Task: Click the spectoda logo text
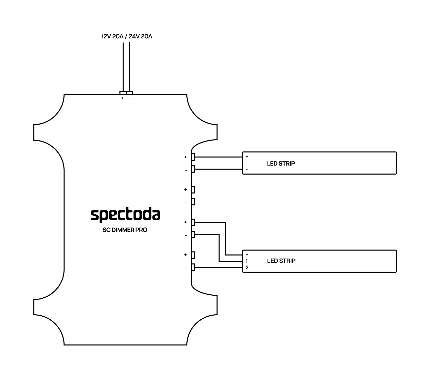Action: click(x=125, y=215)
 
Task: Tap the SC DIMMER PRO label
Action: click(x=125, y=230)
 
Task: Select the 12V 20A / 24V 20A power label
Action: click(x=127, y=36)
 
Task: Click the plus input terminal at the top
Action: click(x=123, y=93)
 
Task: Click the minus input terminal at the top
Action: click(x=130, y=93)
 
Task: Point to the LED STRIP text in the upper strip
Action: click(x=281, y=163)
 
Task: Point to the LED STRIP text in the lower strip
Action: click(x=281, y=261)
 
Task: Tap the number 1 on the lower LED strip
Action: click(x=247, y=261)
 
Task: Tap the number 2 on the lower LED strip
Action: click(x=247, y=268)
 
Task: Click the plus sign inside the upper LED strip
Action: click(x=247, y=157)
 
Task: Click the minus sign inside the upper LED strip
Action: click(x=247, y=170)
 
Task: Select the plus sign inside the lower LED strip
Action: click(x=247, y=255)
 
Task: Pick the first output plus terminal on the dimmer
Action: click(x=193, y=157)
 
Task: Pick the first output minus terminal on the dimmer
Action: click(x=193, y=169)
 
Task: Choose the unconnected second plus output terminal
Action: click(x=193, y=190)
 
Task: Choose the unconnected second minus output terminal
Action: click(x=193, y=202)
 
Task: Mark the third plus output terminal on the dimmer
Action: click(x=193, y=222)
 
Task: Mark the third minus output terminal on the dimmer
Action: click(x=193, y=234)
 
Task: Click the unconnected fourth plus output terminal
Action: click(x=193, y=255)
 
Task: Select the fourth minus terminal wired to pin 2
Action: click(x=193, y=267)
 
